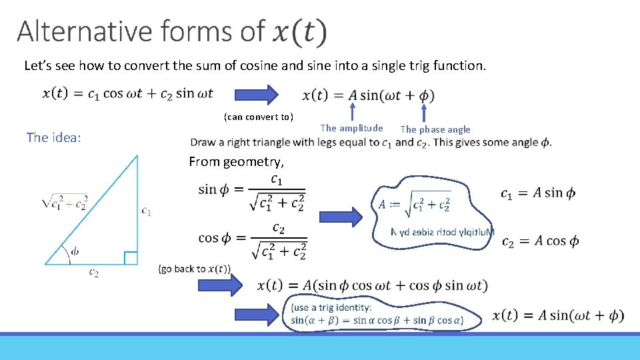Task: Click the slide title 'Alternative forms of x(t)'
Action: point(172,32)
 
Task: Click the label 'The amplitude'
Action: point(351,128)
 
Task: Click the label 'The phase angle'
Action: point(435,129)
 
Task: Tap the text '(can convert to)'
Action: point(258,117)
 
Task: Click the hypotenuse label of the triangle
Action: point(64,201)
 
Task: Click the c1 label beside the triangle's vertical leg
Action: point(146,211)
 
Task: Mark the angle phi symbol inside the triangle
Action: point(75,251)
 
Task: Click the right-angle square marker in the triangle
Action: point(131,258)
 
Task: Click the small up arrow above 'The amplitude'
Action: point(353,111)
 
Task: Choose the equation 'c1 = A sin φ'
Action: point(538,193)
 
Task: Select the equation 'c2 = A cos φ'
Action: point(539,241)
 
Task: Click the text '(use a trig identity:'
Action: point(331,307)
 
